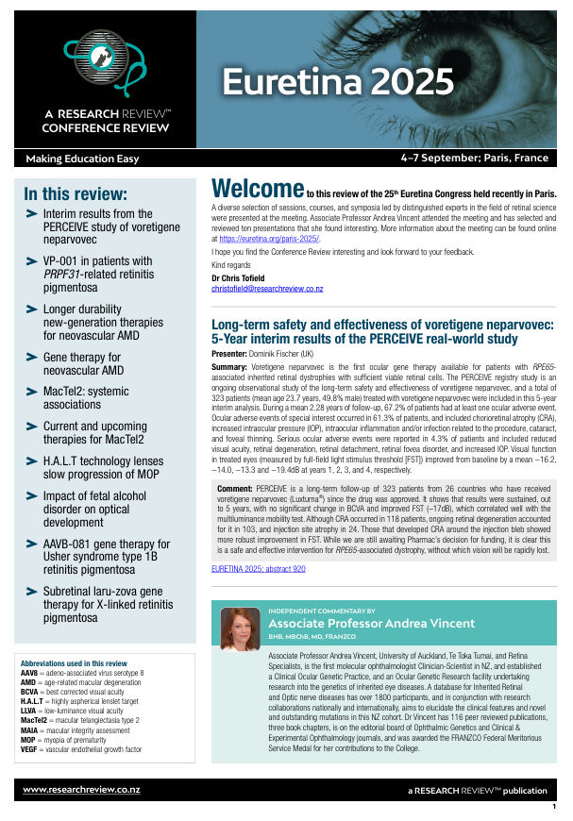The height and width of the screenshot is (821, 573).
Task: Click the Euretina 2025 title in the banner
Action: (x=337, y=82)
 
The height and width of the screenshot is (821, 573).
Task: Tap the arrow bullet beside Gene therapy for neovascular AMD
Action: (x=32, y=359)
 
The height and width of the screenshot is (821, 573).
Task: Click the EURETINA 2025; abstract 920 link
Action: (x=258, y=570)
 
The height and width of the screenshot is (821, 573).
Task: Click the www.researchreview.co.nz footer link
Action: (x=81, y=788)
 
